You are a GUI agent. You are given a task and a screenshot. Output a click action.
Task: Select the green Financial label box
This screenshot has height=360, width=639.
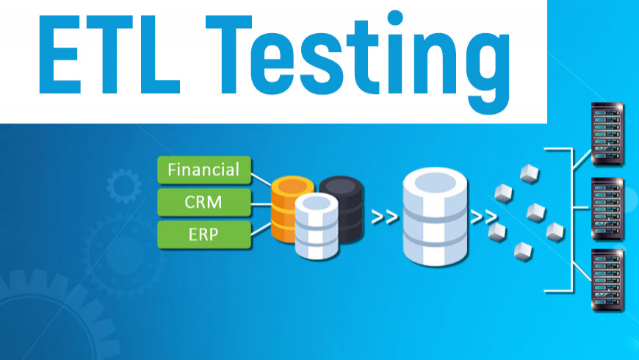203,170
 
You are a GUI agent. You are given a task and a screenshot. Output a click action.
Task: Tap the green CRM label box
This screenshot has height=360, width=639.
203,202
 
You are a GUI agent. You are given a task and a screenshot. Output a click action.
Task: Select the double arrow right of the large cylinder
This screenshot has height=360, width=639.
482,217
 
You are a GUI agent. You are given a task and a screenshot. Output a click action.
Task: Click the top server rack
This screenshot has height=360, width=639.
607,136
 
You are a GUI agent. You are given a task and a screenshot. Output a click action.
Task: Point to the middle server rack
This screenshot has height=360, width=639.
607,209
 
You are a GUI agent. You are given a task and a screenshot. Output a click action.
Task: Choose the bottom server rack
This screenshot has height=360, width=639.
607,283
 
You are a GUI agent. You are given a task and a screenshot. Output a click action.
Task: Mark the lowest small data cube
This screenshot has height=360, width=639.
523,249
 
